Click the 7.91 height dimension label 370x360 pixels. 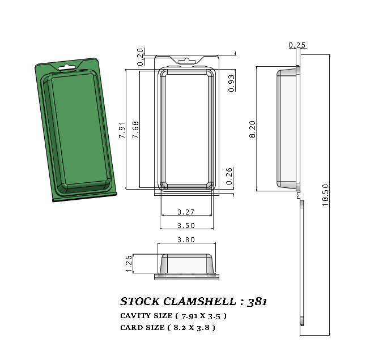122,130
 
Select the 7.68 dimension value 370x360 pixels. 135,130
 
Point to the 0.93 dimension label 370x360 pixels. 231,83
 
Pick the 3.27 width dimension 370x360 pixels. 186,212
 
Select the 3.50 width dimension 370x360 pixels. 186,225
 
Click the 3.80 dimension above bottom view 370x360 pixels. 186,239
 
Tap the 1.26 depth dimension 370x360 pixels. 129,263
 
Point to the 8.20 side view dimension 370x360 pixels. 253,128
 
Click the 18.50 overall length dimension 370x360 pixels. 325,195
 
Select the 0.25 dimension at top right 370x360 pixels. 297,45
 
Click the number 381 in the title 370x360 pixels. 257,302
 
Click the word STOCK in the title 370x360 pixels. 140,302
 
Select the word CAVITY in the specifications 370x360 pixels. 135,316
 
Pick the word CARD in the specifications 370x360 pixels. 131,328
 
